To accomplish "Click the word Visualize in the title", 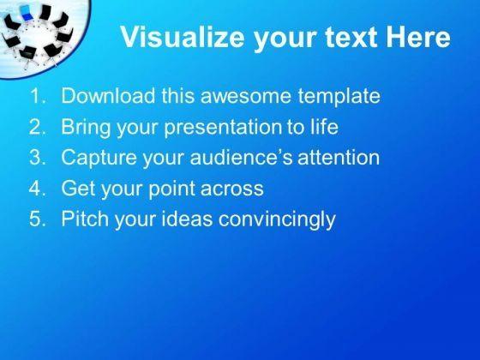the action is click(183, 37).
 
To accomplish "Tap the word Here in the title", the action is click(417, 37).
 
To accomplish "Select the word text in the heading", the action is click(351, 38).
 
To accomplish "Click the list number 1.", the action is click(37, 96).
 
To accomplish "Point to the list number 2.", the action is click(37, 127).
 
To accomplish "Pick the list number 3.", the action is click(37, 157).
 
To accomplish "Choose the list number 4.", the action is click(37, 188).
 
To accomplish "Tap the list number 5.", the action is click(37, 219).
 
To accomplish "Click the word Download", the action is click(108, 96).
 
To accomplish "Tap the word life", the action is click(325, 126).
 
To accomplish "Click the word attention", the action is click(339, 157).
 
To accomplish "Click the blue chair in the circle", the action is click(27, 13).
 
